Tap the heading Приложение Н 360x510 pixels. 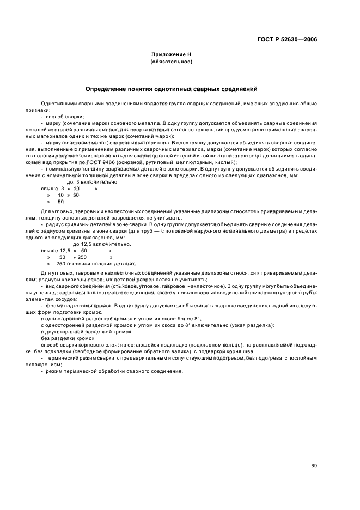pyautogui.click(x=171, y=55)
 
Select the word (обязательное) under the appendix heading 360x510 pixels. pyautogui.click(x=171, y=62)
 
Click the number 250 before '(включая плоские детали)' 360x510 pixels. pyautogui.click(x=60, y=264)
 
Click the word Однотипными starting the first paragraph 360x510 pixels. pyautogui.click(x=57, y=104)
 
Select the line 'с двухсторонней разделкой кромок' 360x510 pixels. pyautogui.click(x=87, y=331)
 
